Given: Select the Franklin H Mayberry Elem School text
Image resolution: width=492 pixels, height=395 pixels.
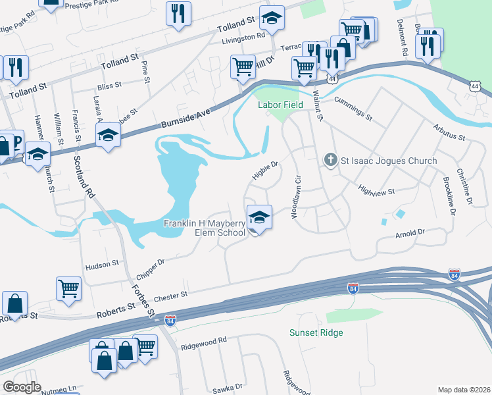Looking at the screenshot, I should tap(204, 228).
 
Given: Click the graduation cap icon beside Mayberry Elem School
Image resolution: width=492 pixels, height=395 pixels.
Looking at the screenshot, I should tap(259, 217).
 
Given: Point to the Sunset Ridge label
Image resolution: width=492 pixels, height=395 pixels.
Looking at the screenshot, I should tap(316, 332).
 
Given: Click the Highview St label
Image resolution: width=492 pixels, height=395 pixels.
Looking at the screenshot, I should tap(376, 191).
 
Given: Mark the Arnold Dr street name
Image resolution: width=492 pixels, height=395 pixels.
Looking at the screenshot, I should tap(410, 233).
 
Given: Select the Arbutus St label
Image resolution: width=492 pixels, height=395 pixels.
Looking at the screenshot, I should tap(449, 134).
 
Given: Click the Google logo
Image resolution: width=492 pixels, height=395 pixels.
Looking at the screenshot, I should tap(22, 387).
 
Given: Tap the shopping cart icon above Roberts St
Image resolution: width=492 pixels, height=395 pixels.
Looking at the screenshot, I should tap(68, 288).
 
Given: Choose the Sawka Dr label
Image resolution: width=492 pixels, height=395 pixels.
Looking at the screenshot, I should tap(227, 387).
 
